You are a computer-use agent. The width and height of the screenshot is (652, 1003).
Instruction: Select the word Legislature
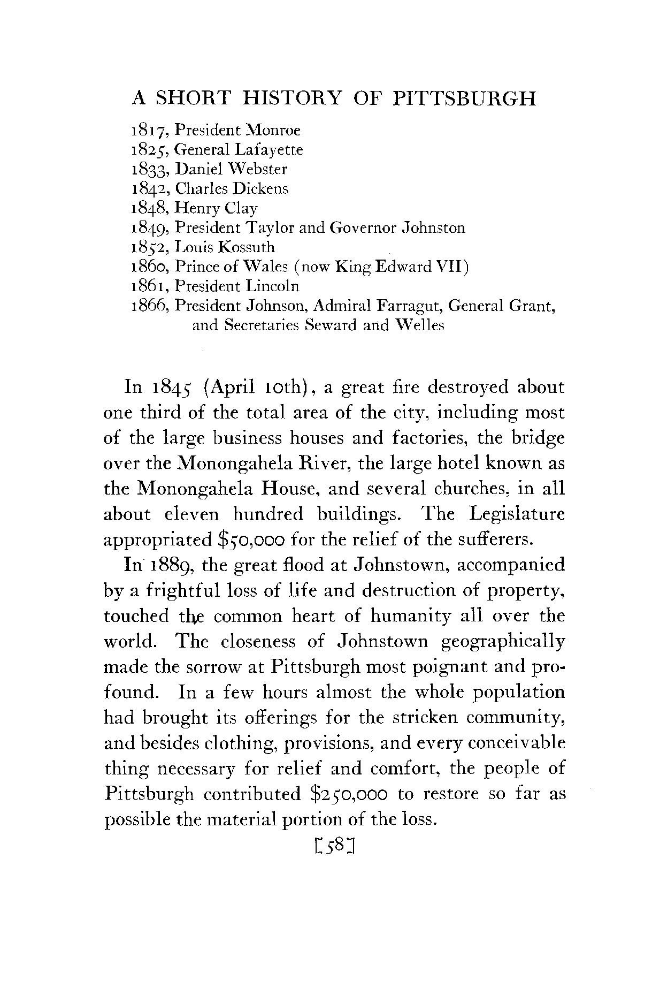click(517, 514)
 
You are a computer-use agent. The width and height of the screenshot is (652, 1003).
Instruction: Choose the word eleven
click(191, 514)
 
